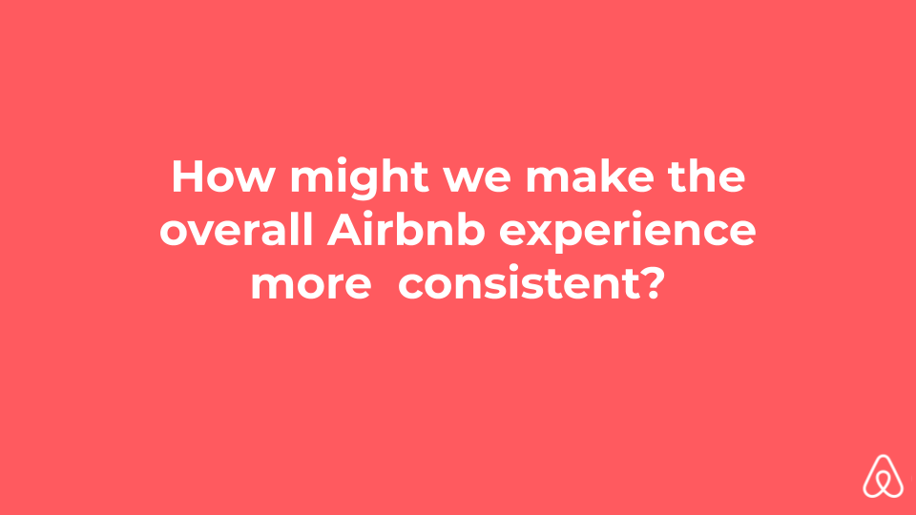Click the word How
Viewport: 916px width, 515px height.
223,176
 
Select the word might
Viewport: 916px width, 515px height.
360,178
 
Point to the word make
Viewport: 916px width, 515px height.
590,175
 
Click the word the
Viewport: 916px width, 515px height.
707,175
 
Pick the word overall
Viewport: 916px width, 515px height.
237,230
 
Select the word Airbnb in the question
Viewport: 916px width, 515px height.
406,230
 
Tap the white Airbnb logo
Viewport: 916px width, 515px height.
884,476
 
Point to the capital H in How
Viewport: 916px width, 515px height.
188,176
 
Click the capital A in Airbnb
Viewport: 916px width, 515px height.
344,230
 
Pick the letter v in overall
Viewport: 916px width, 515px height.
202,235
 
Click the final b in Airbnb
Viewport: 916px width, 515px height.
470,230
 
